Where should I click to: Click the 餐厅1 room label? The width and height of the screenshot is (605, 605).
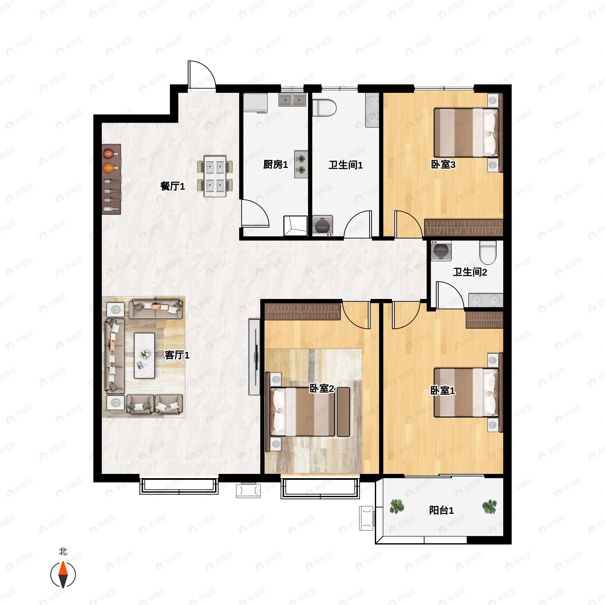point(172,186)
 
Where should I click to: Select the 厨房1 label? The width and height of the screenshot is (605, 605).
point(275,164)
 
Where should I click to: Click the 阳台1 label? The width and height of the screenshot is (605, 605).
point(441,510)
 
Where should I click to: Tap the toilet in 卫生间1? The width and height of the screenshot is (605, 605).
point(324,108)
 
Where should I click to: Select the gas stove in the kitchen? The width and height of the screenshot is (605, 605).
point(301,164)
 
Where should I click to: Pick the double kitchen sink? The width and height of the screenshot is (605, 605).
point(292,99)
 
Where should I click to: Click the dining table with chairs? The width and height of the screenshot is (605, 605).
point(215,176)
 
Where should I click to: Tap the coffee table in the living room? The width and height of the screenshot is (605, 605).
point(144,355)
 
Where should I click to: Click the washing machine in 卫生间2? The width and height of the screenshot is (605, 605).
point(441,251)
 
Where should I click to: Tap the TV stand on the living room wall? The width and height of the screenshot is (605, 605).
point(254,357)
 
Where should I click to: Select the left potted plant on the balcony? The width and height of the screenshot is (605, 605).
point(397,506)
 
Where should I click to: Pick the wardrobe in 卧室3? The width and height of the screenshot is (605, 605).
point(464,228)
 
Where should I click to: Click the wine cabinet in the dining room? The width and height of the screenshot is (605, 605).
point(111,179)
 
